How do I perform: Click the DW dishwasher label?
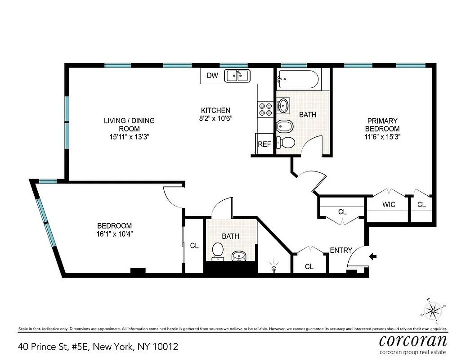click(212, 76)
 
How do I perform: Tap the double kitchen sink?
click(237, 76)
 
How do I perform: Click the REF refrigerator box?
click(264, 144)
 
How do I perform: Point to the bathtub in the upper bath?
click(298, 80)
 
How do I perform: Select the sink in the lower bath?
click(238, 256)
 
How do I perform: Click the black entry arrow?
click(373, 256)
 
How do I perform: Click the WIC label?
click(389, 205)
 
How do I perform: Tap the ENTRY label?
click(341, 250)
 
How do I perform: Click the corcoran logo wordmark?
click(413, 339)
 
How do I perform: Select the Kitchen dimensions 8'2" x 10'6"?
click(215, 118)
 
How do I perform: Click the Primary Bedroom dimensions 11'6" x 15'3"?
click(382, 136)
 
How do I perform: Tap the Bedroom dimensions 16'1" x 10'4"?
click(115, 234)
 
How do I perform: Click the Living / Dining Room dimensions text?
click(129, 136)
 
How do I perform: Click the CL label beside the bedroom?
click(194, 246)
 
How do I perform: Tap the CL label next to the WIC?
click(421, 205)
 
